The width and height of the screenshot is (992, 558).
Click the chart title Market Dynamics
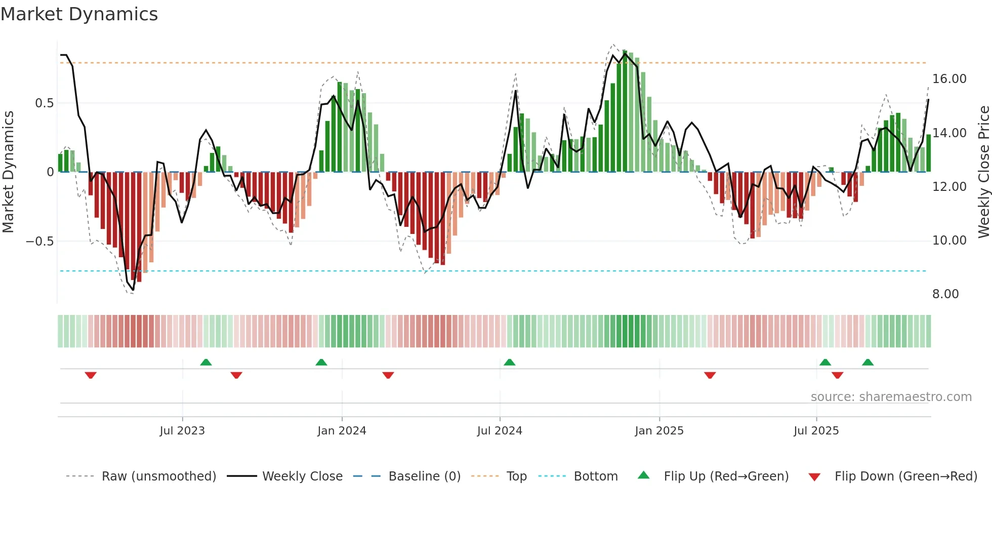click(x=79, y=14)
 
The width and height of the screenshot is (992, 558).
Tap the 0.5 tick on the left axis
click(x=44, y=103)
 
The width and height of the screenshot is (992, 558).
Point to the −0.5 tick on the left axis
click(x=39, y=241)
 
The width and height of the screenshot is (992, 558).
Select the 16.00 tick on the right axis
click(x=949, y=79)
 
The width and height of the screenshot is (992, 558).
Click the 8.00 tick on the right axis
click(x=945, y=294)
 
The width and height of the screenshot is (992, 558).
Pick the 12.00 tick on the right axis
click(x=949, y=187)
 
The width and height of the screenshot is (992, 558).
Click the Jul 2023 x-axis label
click(x=182, y=431)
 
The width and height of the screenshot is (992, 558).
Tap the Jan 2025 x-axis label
click(x=659, y=431)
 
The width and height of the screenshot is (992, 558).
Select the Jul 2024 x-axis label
click(x=500, y=431)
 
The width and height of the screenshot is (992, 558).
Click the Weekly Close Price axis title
click(x=983, y=172)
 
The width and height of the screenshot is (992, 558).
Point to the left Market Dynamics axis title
click(x=8, y=172)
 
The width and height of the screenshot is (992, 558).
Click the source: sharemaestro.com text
click(x=891, y=397)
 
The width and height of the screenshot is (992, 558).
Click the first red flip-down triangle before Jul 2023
click(x=91, y=375)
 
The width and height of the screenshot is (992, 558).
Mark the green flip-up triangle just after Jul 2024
click(x=510, y=362)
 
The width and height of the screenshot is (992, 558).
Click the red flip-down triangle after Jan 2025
click(x=710, y=375)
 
